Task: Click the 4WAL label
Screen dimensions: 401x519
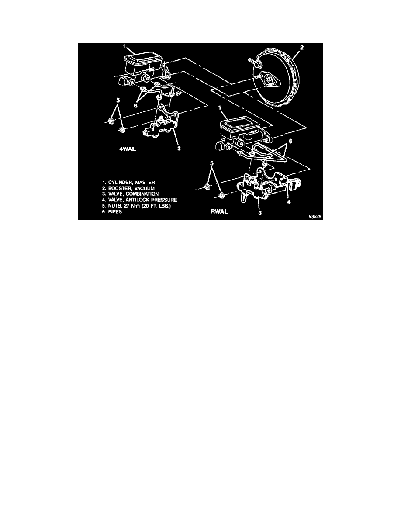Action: click(x=128, y=149)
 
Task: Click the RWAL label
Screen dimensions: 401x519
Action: click(x=219, y=211)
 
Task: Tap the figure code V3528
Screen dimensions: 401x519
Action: click(x=315, y=217)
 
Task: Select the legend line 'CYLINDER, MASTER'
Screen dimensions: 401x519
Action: click(x=128, y=182)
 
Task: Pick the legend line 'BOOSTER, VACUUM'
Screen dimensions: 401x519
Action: click(x=128, y=188)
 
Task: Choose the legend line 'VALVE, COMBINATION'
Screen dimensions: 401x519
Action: click(x=130, y=194)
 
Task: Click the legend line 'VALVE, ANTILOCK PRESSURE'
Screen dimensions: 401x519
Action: click(x=140, y=200)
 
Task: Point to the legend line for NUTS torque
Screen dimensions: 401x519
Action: click(x=136, y=206)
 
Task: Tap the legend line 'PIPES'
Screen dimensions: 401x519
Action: click(x=112, y=211)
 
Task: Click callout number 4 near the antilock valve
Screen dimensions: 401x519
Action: click(x=289, y=201)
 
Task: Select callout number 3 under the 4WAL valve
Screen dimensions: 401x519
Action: click(x=179, y=148)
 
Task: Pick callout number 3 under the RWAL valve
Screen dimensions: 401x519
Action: click(x=260, y=213)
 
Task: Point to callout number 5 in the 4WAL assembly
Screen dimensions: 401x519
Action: click(x=118, y=100)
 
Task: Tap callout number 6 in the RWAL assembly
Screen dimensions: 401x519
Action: click(x=290, y=141)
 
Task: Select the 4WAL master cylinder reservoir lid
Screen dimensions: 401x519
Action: click(x=142, y=59)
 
